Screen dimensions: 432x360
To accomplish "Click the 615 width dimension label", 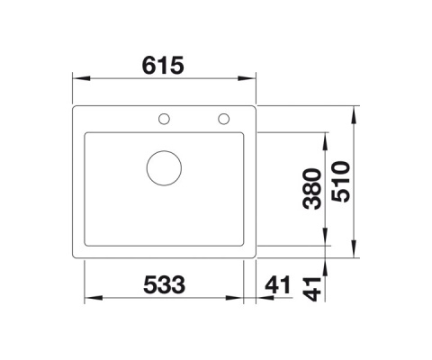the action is pyautogui.click(x=162, y=65).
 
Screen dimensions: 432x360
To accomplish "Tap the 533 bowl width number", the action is pyautogui.click(x=164, y=284).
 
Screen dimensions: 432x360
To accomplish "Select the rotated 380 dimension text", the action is pyautogui.click(x=312, y=189).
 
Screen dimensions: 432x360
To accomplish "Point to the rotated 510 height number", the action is pyautogui.click(x=341, y=182).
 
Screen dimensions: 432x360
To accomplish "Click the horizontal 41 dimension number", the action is pyautogui.click(x=278, y=284).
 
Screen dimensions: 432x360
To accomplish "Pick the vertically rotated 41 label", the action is pyautogui.click(x=312, y=289).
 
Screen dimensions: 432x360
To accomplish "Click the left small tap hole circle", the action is pyautogui.click(x=164, y=119).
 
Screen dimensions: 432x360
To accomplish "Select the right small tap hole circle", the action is pyautogui.click(x=224, y=119).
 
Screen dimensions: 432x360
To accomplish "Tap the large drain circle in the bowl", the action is pyautogui.click(x=164, y=167).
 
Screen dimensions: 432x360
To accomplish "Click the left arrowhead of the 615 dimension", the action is pyautogui.click(x=82, y=78).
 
